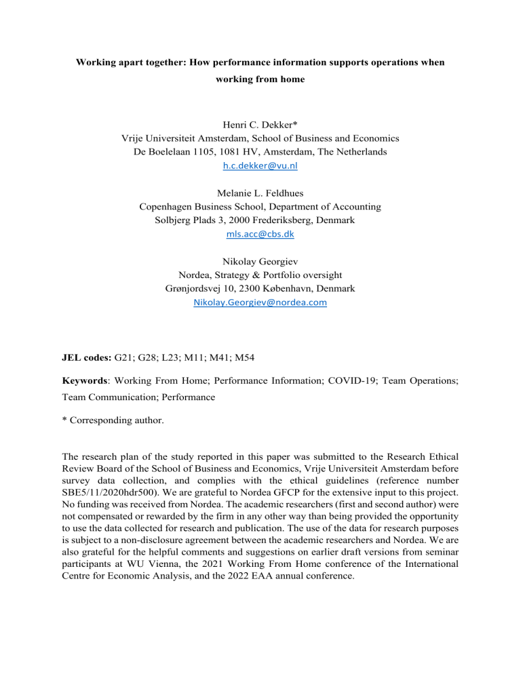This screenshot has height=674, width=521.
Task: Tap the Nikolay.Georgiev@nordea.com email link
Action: (x=260, y=303)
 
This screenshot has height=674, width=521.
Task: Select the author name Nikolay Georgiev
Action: (x=260, y=262)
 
